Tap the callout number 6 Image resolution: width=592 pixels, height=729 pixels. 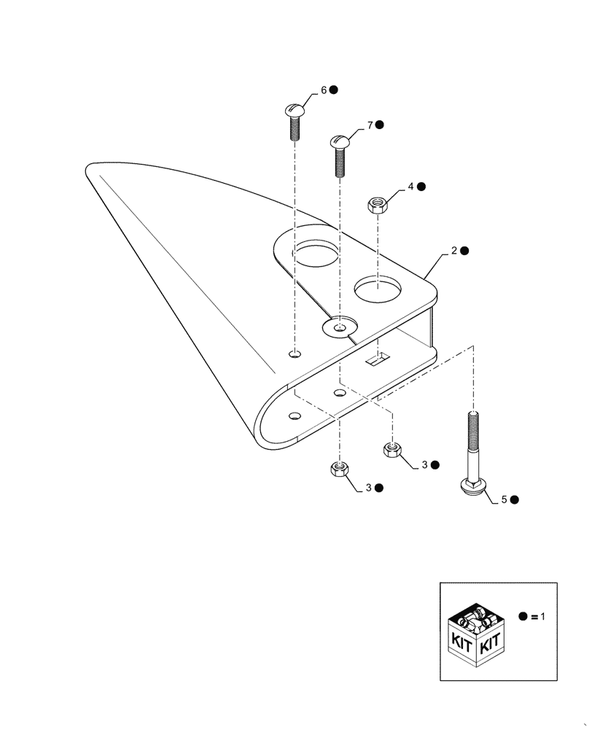(x=324, y=91)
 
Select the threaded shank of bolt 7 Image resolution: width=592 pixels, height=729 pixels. (x=340, y=163)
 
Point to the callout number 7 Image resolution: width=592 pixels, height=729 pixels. (x=370, y=126)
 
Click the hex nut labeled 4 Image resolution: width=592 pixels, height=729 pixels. (x=377, y=203)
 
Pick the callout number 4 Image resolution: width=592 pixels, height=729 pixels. (x=410, y=187)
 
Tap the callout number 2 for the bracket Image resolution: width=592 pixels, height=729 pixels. (x=453, y=250)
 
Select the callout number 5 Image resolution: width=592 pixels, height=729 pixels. (x=504, y=500)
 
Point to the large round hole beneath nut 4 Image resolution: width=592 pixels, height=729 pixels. (x=377, y=289)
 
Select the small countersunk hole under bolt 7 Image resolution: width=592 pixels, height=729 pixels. (x=339, y=328)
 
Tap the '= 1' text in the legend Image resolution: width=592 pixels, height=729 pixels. (x=538, y=617)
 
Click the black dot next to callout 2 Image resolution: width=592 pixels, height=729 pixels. (x=464, y=250)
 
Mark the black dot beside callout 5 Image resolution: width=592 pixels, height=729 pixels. (x=515, y=500)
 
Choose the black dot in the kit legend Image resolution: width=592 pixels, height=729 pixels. (x=523, y=617)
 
